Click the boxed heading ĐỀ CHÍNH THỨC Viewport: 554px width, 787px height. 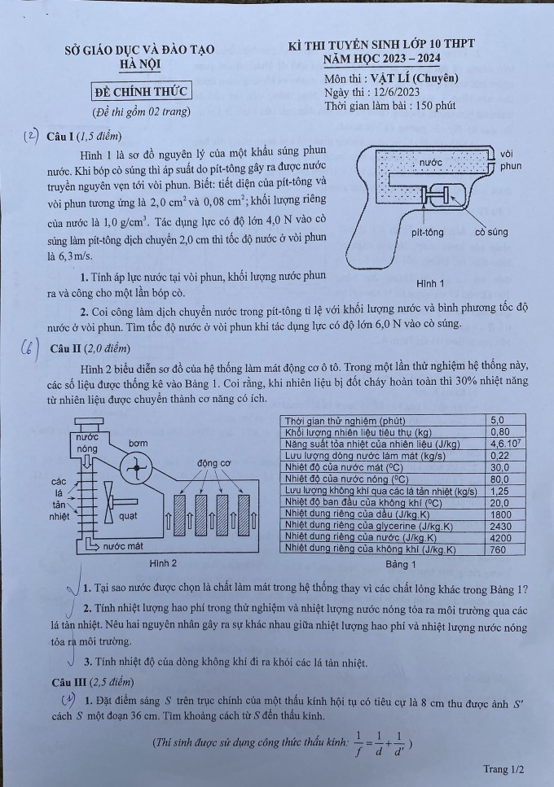[140, 90]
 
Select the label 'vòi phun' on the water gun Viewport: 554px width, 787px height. [510, 160]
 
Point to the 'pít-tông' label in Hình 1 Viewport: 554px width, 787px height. [428, 232]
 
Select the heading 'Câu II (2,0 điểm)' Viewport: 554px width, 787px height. [90, 348]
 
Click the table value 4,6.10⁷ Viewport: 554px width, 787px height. [505, 444]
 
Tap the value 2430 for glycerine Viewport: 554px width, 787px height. [502, 526]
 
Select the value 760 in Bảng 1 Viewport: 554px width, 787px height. [499, 549]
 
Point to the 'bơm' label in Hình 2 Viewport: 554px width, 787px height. [138, 444]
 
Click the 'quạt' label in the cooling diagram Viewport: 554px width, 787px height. [128, 515]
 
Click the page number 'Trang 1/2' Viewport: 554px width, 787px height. [503, 768]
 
